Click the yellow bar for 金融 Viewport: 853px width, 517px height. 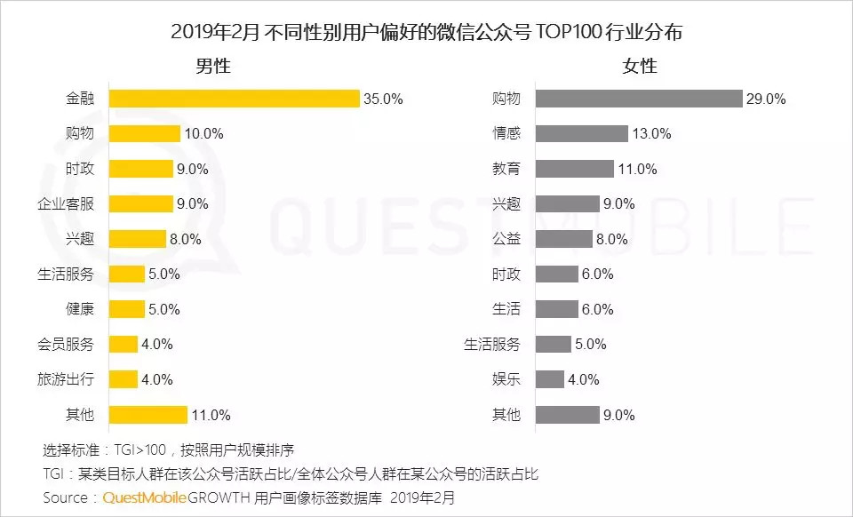click(234, 99)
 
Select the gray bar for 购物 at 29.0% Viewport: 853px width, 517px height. click(639, 99)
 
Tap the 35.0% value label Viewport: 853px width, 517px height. click(383, 99)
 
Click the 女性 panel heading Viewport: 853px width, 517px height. click(639, 66)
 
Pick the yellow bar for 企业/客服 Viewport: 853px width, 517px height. click(140, 203)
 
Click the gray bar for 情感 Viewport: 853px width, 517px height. click(581, 134)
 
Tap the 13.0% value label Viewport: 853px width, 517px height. click(651, 134)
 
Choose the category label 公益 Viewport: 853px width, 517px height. click(506, 239)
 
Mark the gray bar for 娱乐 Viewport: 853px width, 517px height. click(549, 379)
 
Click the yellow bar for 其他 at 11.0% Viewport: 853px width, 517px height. click(147, 415)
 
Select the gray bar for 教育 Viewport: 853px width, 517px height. click(574, 169)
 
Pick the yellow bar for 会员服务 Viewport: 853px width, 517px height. click(123, 345)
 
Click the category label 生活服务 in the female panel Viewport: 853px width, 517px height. click(492, 345)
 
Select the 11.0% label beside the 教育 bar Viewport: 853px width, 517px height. click(637, 169)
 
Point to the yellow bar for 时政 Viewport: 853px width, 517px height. click(140, 169)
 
